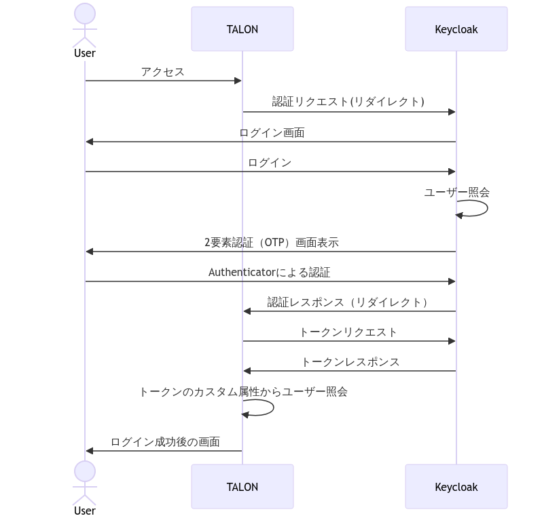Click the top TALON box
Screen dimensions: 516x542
point(242,29)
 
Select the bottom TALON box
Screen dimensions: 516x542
point(242,486)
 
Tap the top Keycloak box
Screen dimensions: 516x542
point(456,29)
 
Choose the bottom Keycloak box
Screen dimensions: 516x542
point(456,486)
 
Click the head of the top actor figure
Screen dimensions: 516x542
point(84,14)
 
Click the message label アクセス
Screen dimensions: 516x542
point(162,72)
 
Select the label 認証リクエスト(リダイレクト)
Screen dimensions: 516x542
point(348,102)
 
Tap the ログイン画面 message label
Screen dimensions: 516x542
point(272,133)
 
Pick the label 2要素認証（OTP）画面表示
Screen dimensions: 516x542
point(271,243)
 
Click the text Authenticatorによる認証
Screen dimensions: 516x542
point(270,273)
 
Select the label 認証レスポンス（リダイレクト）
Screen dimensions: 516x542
point(348,302)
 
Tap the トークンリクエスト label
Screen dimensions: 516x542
point(348,332)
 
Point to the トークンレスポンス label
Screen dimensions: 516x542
point(350,362)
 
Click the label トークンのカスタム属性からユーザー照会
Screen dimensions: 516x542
point(243,392)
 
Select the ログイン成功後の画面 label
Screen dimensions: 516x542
point(165,442)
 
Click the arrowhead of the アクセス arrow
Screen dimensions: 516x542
point(238,81)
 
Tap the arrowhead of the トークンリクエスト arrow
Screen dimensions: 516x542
point(452,341)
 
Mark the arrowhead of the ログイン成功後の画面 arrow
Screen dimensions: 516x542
point(89,451)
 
